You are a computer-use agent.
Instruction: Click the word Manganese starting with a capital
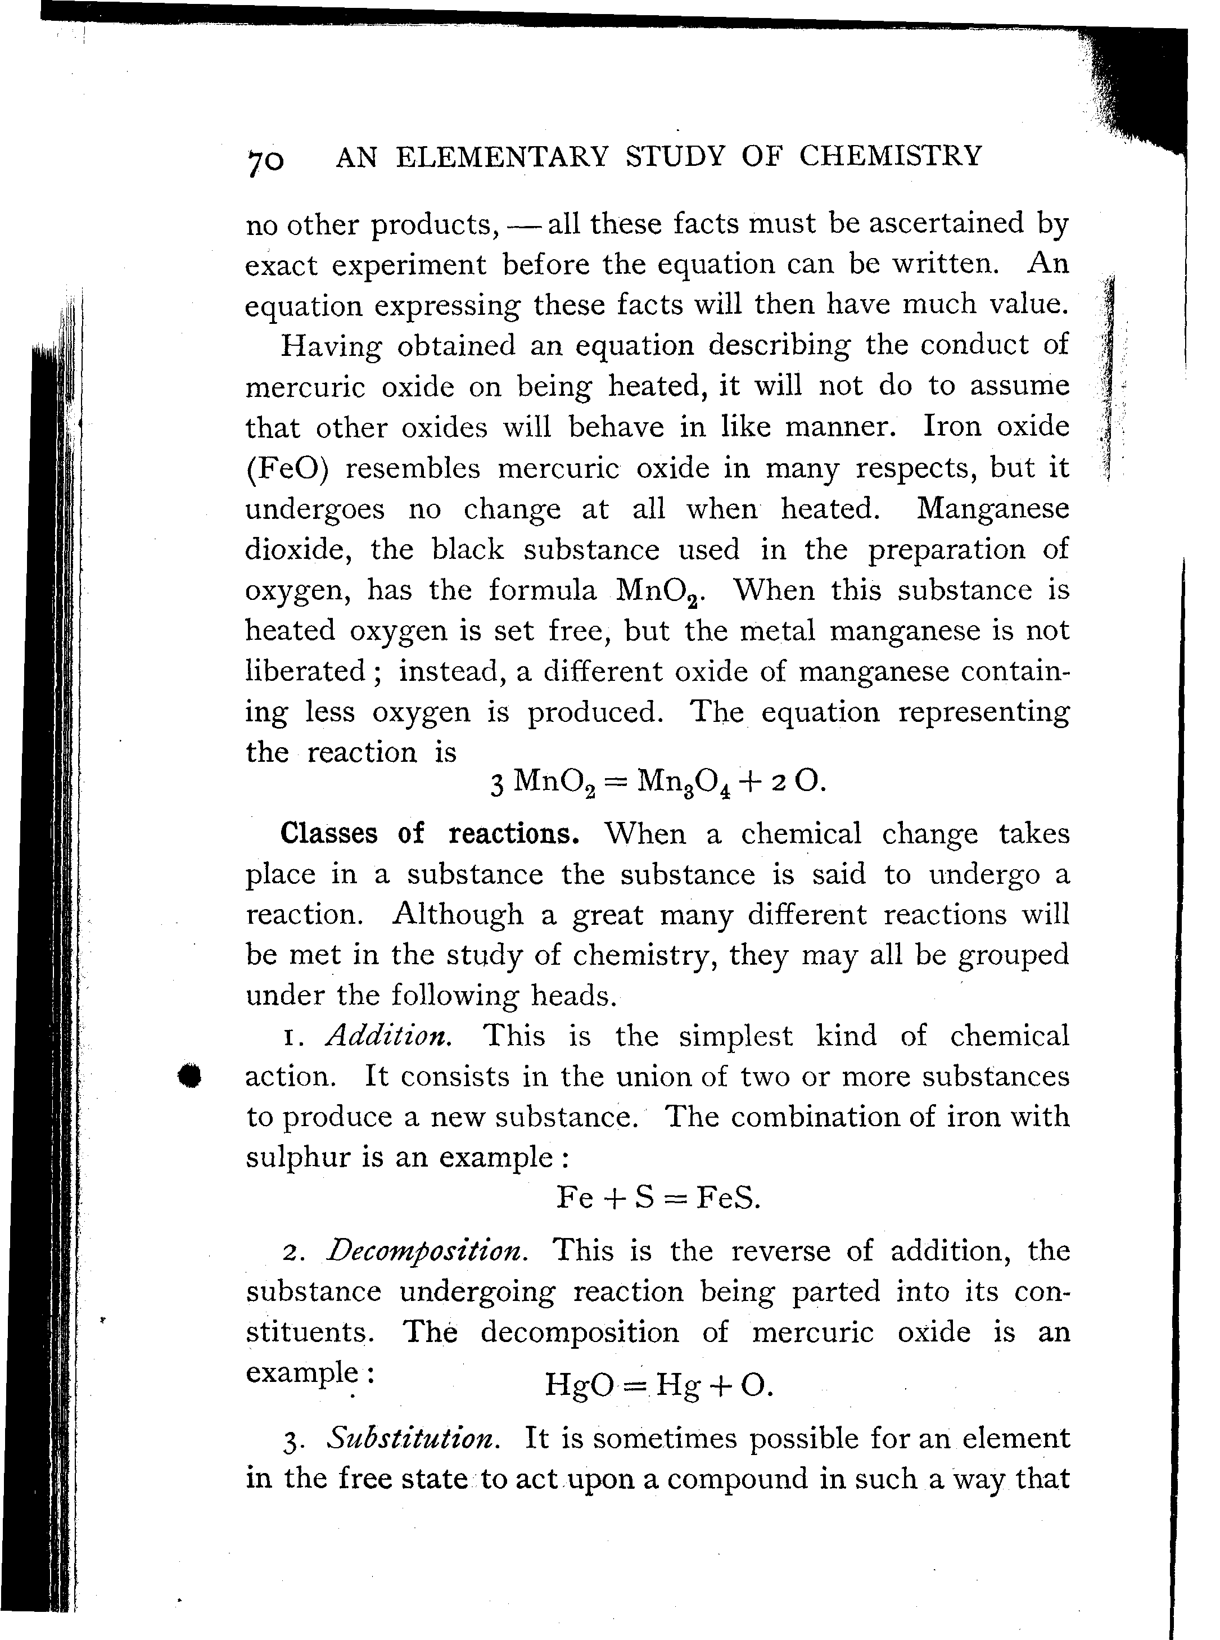click(x=992, y=509)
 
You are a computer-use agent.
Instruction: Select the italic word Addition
click(x=388, y=1036)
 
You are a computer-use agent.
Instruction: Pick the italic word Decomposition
click(x=428, y=1251)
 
